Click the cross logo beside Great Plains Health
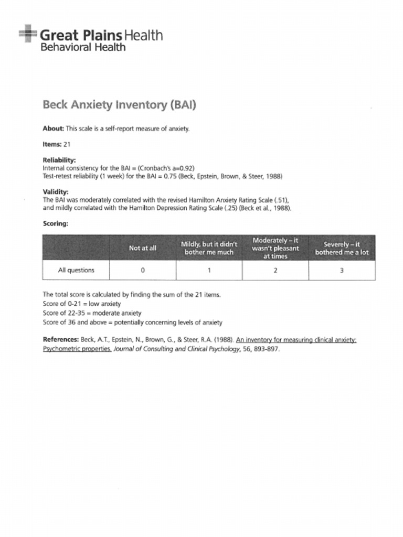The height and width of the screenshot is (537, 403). point(28,34)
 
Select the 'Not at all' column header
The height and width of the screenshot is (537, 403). point(142,248)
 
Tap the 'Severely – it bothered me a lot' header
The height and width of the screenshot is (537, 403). point(342,248)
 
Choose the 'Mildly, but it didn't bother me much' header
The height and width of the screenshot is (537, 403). point(209,248)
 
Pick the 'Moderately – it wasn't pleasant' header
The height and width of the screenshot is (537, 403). point(275,248)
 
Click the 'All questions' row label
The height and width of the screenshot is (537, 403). point(76,271)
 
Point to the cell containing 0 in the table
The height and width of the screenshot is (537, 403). point(142,271)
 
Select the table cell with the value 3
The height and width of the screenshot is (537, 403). point(342,271)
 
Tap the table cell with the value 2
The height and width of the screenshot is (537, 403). point(275,271)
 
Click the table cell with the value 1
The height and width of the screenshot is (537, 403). point(209,271)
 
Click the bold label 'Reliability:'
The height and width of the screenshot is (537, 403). point(59,160)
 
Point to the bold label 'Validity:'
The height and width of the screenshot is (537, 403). point(55,192)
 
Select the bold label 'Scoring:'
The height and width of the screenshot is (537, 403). point(55,223)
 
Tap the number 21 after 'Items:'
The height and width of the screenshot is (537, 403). point(67,144)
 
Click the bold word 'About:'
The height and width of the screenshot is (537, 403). point(53,128)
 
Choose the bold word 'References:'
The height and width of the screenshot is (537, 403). point(60,340)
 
